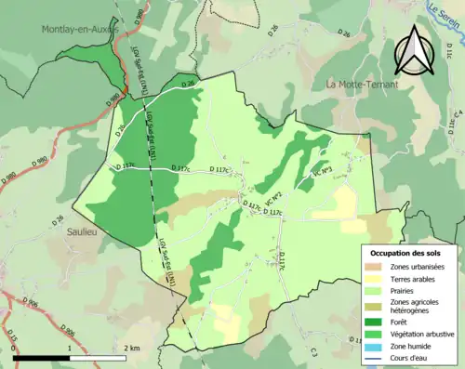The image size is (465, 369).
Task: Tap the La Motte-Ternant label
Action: coord(362,85)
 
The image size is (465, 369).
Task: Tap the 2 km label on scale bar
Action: coord(132,347)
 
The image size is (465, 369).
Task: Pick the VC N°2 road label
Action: coord(273,198)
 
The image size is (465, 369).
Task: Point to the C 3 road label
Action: coord(313,351)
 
